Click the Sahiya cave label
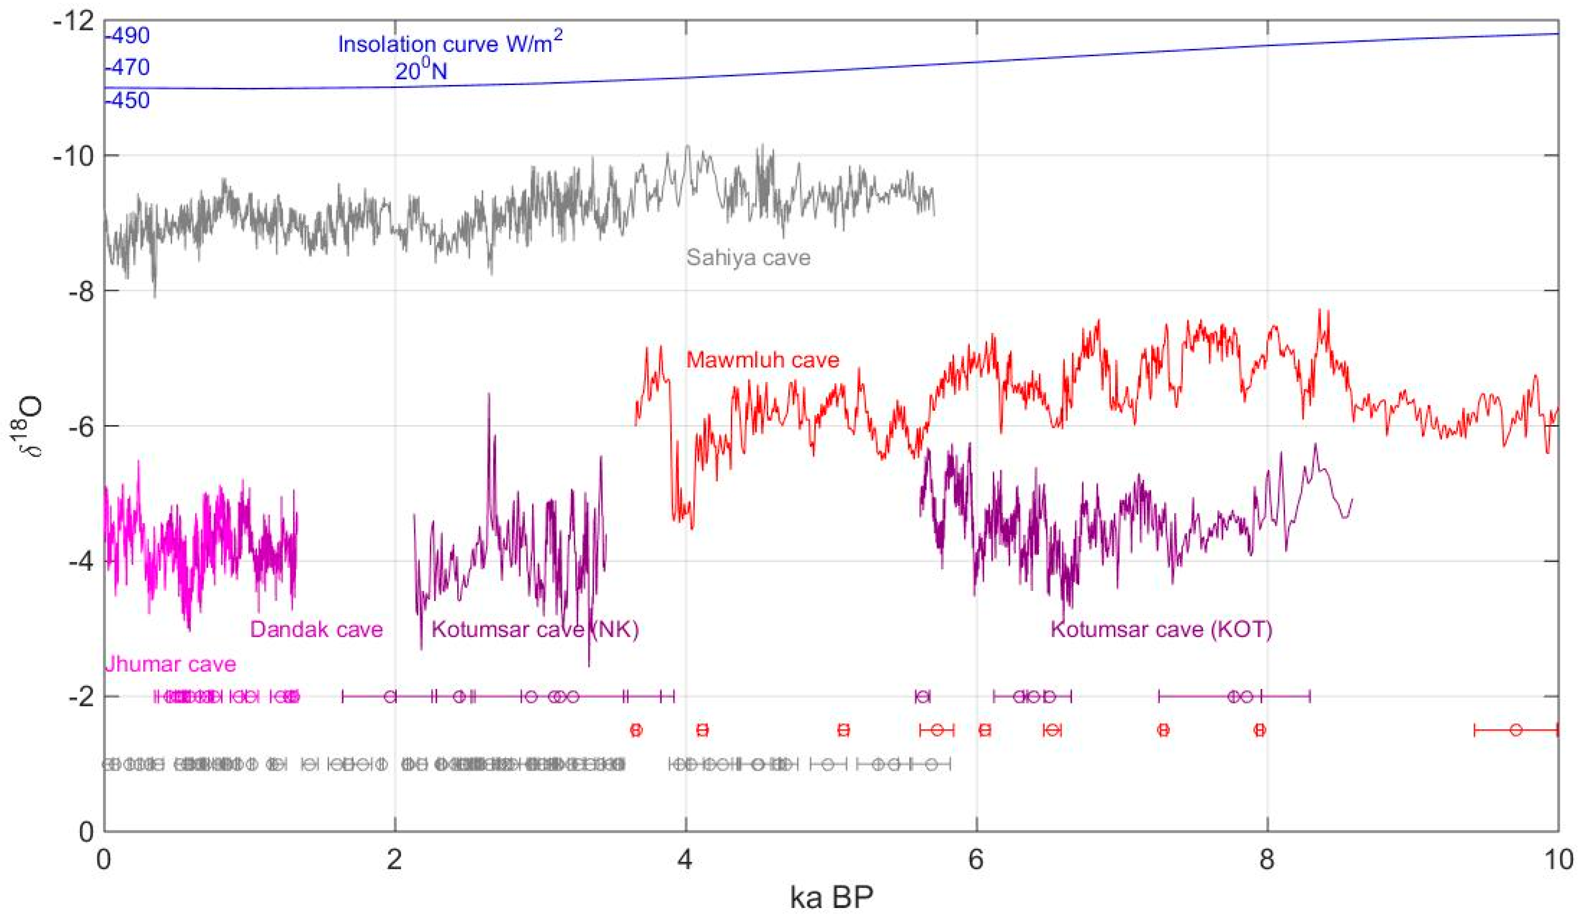[748, 258]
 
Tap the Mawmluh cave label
[762, 360]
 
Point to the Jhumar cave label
[170, 664]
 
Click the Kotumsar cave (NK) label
[534, 629]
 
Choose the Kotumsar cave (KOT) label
[1161, 629]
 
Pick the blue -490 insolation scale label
[128, 36]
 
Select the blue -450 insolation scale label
[128, 100]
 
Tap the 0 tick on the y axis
[87, 832]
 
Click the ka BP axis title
[831, 897]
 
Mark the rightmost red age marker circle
[1516, 730]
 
